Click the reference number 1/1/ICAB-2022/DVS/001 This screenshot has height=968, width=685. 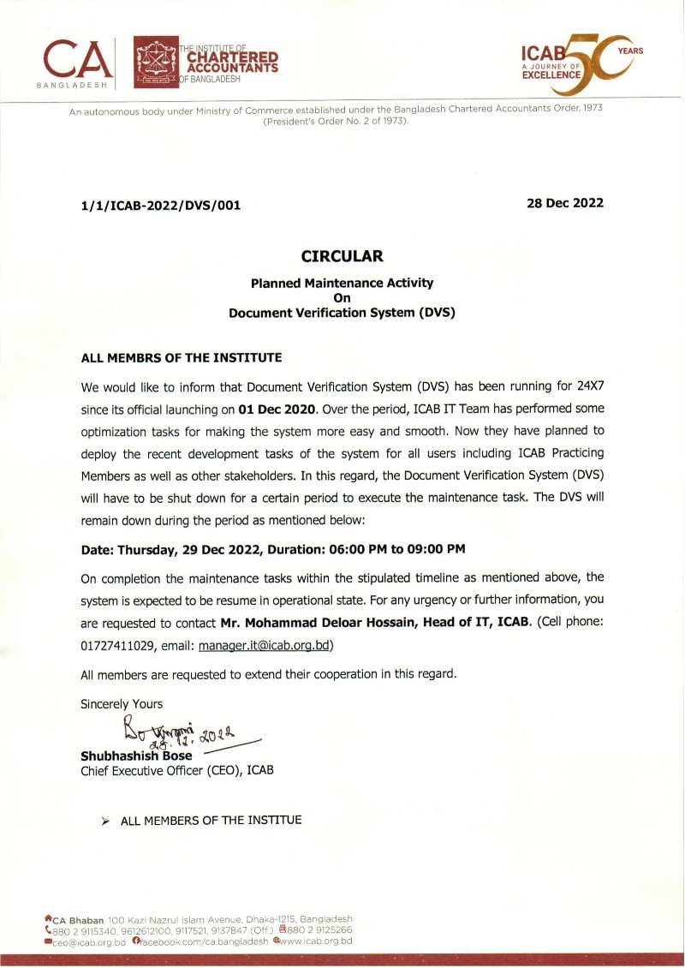pyautogui.click(x=161, y=205)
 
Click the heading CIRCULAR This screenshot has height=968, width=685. pyautogui.click(x=342, y=256)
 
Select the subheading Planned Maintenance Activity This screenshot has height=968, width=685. pyautogui.click(x=342, y=282)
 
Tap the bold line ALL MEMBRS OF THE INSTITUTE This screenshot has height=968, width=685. pyautogui.click(x=182, y=357)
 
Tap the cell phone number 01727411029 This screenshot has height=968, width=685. pyautogui.click(x=121, y=644)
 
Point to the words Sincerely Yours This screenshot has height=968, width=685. pyautogui.click(x=122, y=704)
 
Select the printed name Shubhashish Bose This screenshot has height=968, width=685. pyautogui.click(x=136, y=756)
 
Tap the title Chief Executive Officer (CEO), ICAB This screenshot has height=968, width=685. pyautogui.click(x=177, y=770)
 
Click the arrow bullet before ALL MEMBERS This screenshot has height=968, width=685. pyautogui.click(x=105, y=822)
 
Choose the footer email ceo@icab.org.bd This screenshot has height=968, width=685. pyautogui.click(x=89, y=941)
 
